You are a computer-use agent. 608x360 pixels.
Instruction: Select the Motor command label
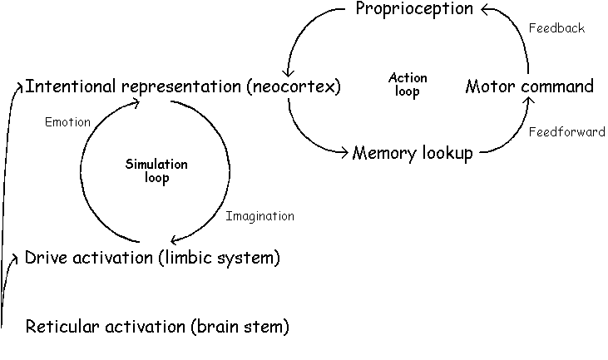click(529, 86)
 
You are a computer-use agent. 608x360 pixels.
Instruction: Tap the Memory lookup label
click(413, 153)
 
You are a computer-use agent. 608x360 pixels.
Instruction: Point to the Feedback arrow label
click(556, 28)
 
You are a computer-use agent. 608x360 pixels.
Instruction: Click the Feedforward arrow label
click(566, 132)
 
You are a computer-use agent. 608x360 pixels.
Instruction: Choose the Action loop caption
click(408, 85)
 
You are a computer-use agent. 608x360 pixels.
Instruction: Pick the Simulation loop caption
click(156, 171)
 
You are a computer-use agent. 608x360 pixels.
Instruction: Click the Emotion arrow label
click(67, 122)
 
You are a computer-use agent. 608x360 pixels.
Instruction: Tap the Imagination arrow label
click(260, 216)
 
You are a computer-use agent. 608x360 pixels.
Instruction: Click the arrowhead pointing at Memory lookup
click(343, 152)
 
